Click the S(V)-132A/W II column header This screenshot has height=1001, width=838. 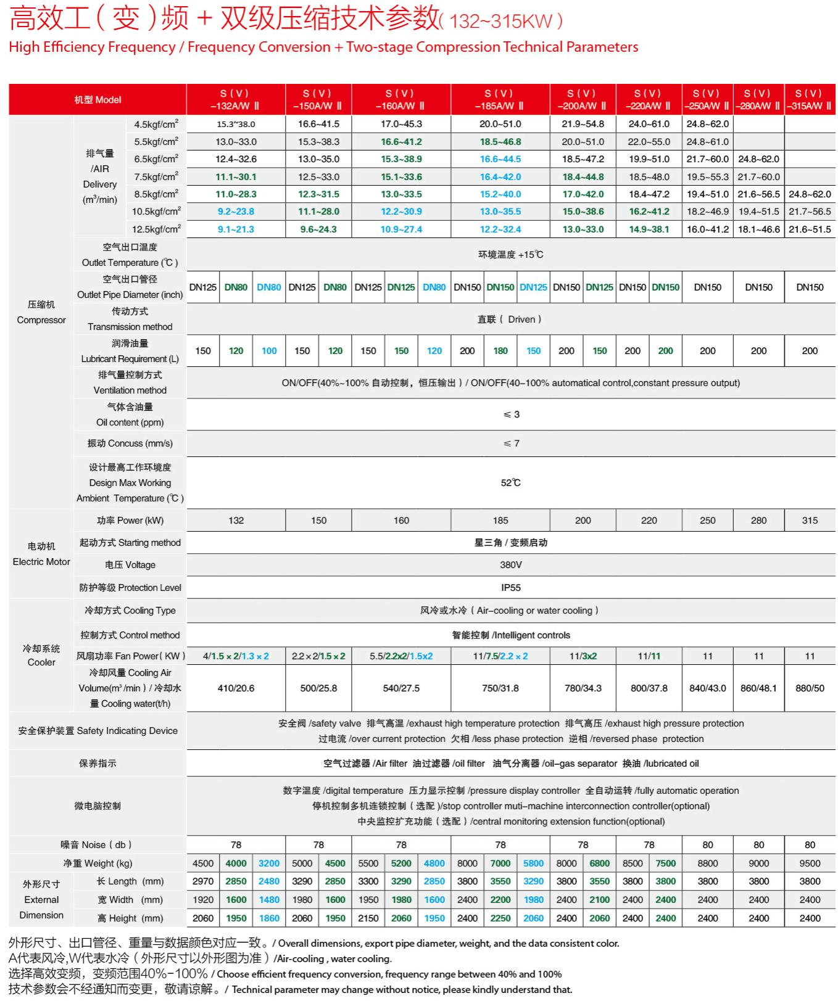[x=235, y=99]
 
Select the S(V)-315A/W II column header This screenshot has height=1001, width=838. [x=809, y=99]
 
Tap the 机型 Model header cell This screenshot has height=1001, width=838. [x=97, y=99]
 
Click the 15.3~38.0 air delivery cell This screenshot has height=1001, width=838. [x=236, y=124]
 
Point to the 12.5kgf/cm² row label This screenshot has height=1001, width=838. [x=156, y=229]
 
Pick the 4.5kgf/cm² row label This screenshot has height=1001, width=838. [x=156, y=124]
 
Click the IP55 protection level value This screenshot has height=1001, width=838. [x=510, y=587]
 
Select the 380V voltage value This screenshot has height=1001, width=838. [x=510, y=564]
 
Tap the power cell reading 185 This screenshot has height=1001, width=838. [x=500, y=520]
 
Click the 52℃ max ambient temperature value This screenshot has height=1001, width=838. [x=510, y=482]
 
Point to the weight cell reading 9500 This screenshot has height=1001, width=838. [x=809, y=863]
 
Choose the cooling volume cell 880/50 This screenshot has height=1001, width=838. [x=809, y=688]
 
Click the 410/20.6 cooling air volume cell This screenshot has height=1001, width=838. [x=236, y=688]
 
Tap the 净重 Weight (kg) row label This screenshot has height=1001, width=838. [x=97, y=863]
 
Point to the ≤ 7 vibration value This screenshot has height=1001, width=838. [x=511, y=443]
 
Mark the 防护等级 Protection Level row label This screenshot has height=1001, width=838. [x=130, y=587]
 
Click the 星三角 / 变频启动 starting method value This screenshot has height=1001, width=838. [x=510, y=542]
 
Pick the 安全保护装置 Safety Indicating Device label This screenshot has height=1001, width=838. [x=97, y=730]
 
